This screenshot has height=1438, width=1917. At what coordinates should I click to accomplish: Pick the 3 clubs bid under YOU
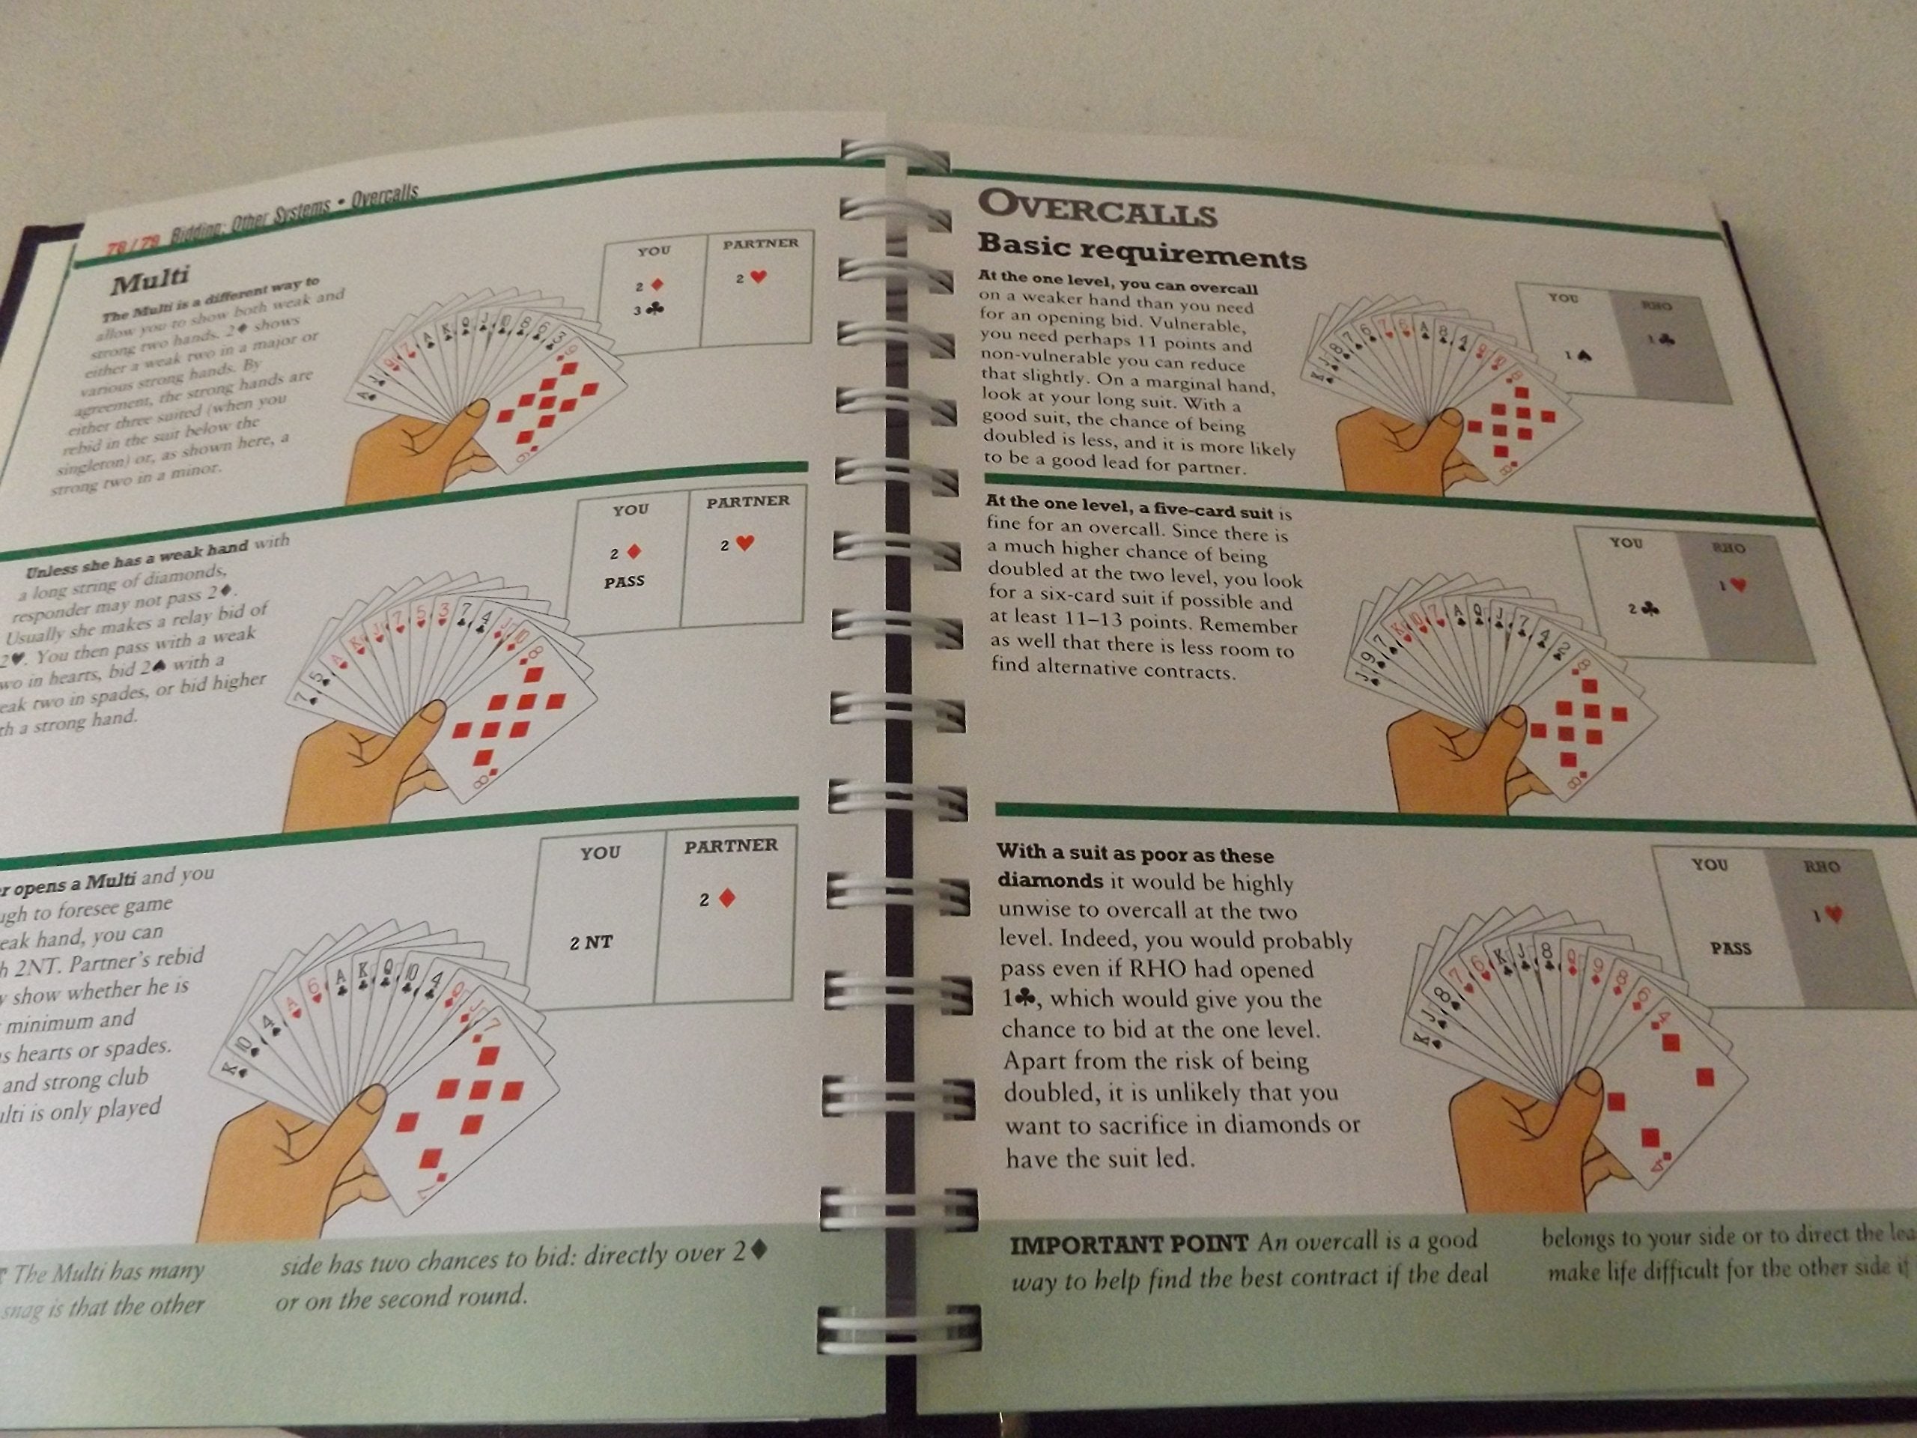pos(648,309)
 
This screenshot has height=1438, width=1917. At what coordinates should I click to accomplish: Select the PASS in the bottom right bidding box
pos(1731,948)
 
